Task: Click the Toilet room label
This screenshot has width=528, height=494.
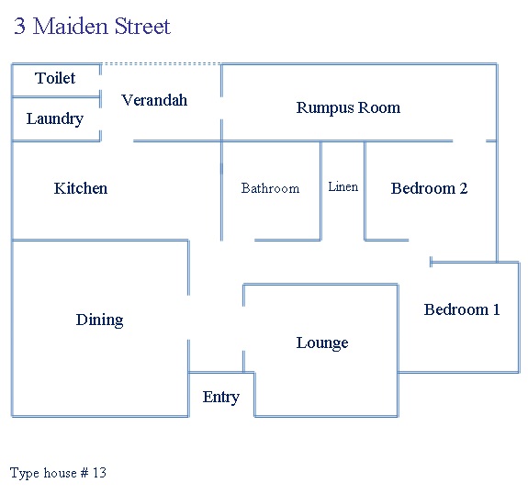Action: coord(55,78)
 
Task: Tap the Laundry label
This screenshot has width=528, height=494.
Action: coord(55,118)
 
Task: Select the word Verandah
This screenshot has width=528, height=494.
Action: coord(154,100)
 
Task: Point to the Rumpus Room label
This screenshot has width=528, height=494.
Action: coord(348,107)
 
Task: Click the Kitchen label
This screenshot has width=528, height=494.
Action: coord(81,188)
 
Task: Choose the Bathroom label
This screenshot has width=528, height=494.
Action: coord(270,188)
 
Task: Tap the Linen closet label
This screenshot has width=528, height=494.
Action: coord(343,186)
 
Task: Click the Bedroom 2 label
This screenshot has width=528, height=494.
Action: coord(430,188)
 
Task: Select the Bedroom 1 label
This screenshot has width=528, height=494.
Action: coord(462,309)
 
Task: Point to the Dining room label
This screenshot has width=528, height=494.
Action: coord(100,320)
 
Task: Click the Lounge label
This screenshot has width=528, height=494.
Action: coord(322,342)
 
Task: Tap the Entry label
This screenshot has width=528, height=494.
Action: coord(221,397)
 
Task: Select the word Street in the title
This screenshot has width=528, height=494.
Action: coord(142,26)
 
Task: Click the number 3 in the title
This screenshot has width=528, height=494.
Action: coord(20,26)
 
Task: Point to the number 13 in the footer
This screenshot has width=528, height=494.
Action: coord(100,473)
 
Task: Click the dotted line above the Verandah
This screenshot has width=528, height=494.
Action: coord(162,63)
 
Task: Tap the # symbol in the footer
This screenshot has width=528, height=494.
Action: coord(84,473)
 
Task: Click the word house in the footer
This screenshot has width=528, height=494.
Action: coord(60,473)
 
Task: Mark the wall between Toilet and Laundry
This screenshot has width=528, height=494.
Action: coord(56,97)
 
